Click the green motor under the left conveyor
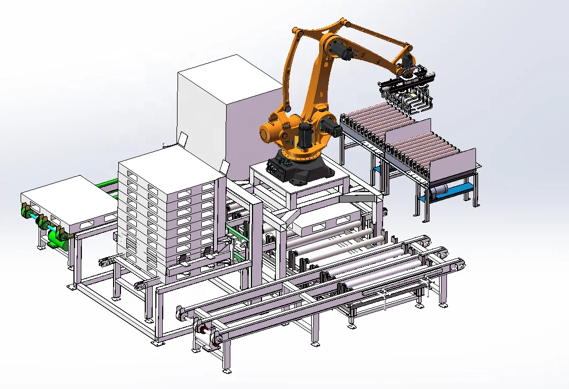[56, 238]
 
